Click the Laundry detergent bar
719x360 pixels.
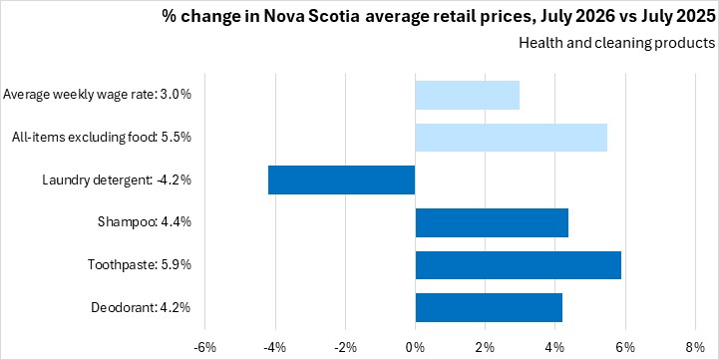(342, 180)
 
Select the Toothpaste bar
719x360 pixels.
(519, 265)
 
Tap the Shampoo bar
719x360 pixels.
(492, 222)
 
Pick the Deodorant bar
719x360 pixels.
(489, 307)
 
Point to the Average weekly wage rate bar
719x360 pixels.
(468, 95)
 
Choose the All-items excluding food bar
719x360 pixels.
(512, 138)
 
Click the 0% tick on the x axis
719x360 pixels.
(416, 348)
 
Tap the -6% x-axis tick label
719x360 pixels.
(205, 348)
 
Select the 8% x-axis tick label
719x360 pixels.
(696, 348)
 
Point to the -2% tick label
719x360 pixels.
(345, 348)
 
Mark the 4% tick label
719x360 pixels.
(555, 348)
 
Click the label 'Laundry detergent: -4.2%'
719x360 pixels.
(117, 180)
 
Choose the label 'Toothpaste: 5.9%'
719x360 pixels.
(140, 265)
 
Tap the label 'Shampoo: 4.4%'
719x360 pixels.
(145, 222)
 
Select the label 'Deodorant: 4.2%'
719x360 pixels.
(141, 307)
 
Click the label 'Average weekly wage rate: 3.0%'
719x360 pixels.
(97, 95)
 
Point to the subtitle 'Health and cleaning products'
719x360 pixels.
(616, 44)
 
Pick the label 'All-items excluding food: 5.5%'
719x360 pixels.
(102, 138)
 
